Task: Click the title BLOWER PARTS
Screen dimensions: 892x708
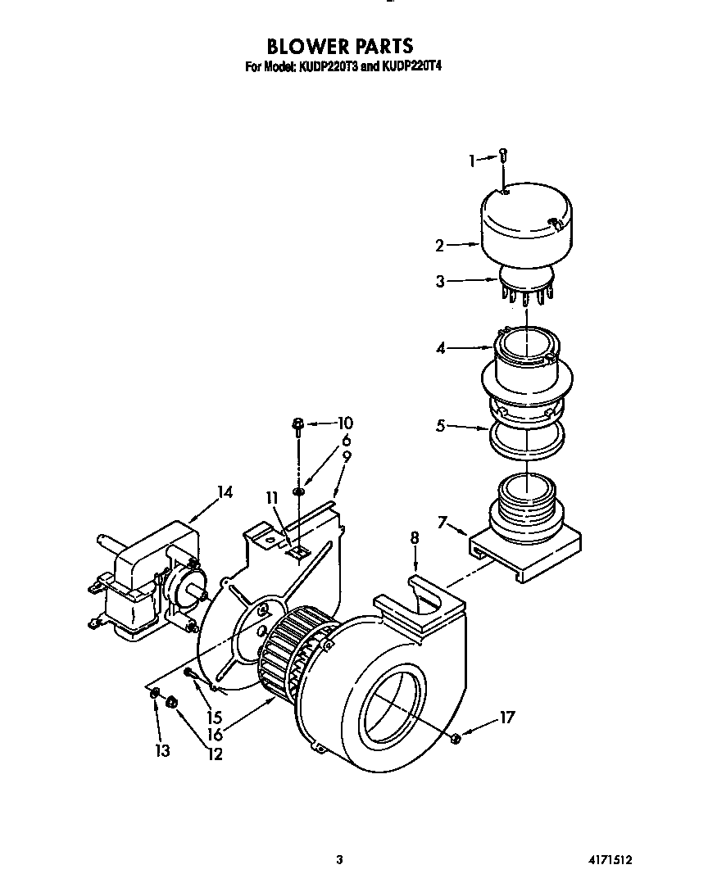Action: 340,46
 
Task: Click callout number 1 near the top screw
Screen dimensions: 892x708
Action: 473,161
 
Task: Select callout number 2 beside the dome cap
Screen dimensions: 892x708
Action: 440,244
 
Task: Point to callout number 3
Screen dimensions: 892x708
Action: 440,281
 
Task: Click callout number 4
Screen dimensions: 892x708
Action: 440,348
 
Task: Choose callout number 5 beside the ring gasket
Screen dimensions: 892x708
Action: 440,427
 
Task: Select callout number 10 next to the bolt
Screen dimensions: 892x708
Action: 344,423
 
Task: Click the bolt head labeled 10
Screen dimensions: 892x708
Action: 298,423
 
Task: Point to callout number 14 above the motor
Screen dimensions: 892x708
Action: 225,492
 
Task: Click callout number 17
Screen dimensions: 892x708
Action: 507,718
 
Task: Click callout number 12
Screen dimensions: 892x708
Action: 215,754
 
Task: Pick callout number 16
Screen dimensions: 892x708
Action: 215,735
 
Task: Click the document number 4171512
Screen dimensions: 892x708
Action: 610,860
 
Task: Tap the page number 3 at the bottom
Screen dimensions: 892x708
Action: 338,860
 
